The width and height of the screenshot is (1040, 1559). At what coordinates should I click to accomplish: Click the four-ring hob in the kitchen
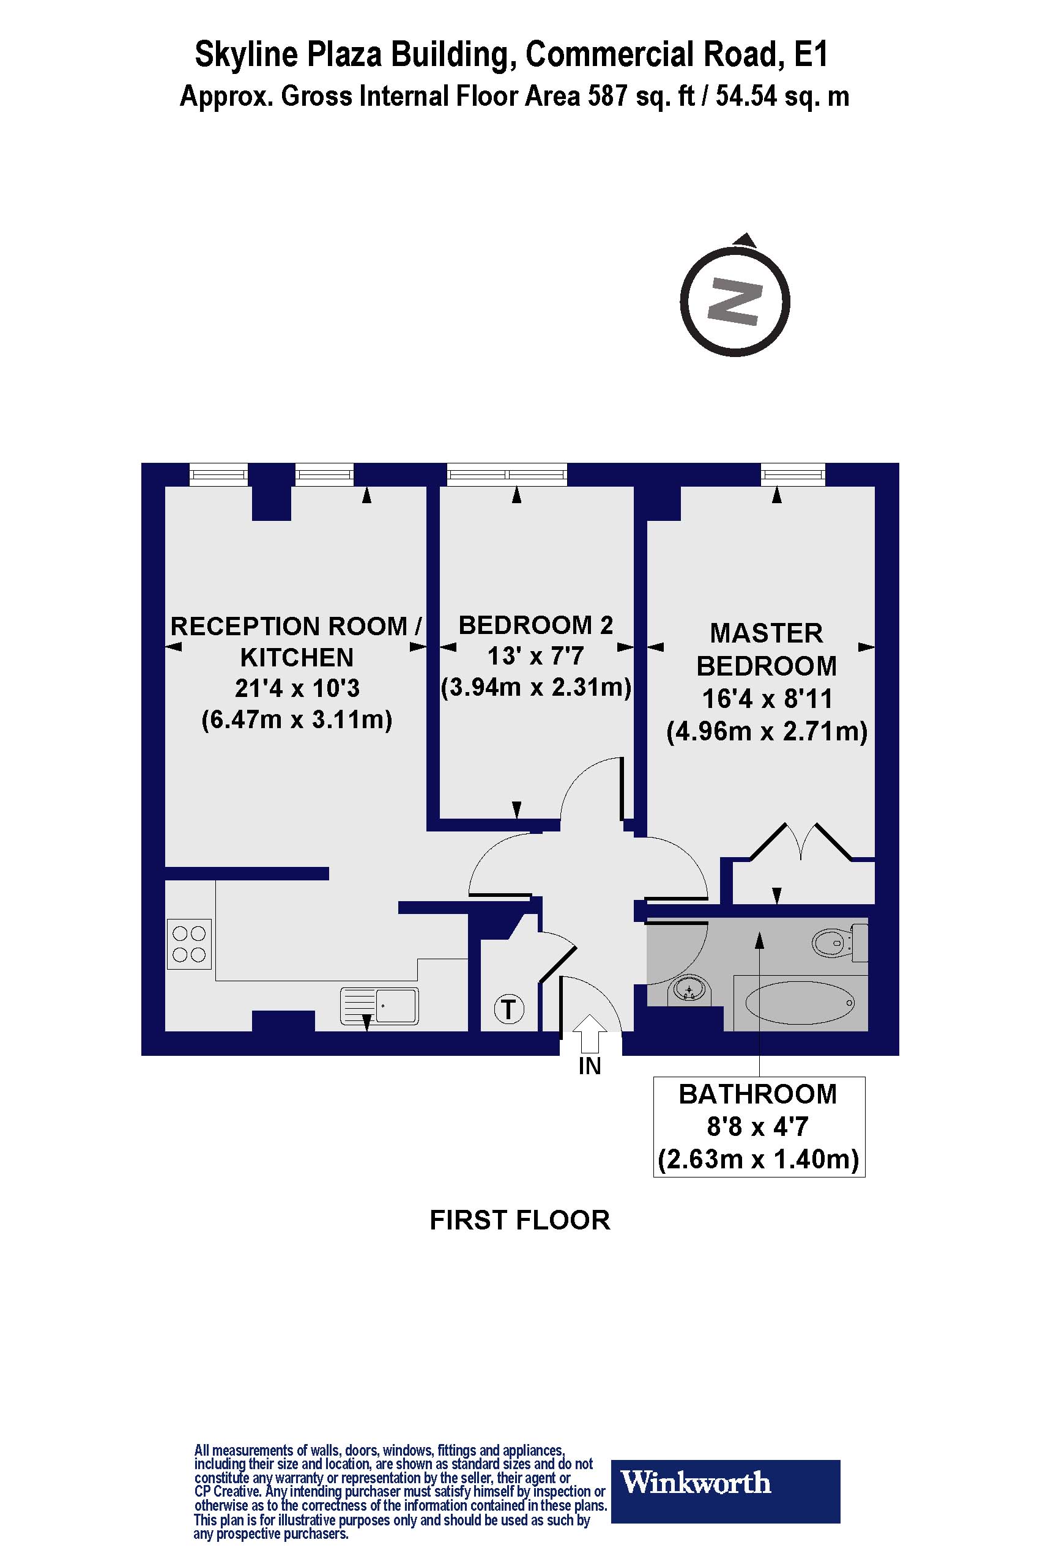pos(189,944)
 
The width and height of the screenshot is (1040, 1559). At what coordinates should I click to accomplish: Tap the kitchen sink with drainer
pos(379,1006)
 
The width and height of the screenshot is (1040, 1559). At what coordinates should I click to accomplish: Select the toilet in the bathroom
pos(838,942)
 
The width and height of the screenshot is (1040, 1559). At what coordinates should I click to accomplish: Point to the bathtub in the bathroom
pos(799,1003)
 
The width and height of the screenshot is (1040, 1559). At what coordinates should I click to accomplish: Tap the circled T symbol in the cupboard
pos(509,1009)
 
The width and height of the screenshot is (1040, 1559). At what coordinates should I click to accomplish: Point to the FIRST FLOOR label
pos(519,1220)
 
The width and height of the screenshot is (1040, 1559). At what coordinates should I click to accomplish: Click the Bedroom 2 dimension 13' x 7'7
pos(535,656)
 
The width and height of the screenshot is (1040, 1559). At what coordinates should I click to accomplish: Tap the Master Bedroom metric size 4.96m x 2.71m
pos(767,732)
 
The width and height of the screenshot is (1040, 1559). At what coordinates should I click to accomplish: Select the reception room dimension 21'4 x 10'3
pos(297,688)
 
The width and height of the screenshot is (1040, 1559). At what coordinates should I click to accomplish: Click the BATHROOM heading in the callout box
pos(757,1094)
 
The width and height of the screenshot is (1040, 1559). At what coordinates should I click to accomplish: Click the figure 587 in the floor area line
pos(607,97)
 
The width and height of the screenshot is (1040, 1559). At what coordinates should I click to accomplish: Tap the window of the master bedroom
pos(793,474)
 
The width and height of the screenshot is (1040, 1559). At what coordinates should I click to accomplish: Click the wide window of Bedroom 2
pos(507,474)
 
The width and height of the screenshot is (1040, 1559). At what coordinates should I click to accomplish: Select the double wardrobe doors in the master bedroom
pos(801,842)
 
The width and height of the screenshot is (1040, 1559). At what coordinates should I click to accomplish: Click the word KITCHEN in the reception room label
pos(297,658)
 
